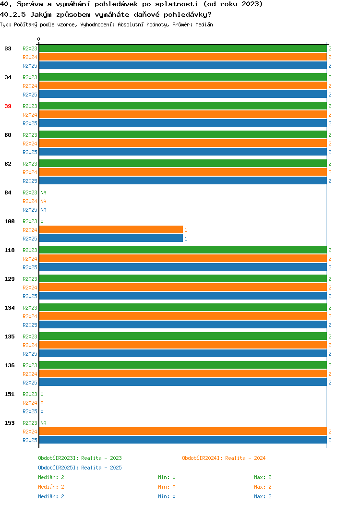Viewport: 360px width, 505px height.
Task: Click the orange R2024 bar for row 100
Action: pos(111,229)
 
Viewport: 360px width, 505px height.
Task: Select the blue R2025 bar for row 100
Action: pos(111,238)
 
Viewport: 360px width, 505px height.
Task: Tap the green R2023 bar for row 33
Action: pos(183,48)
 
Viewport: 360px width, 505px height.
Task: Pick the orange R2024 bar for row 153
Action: pos(183,431)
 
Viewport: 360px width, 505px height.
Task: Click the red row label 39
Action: pos(8,106)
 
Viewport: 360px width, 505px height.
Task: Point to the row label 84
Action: pos(8,192)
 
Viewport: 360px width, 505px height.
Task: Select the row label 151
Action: pos(10,394)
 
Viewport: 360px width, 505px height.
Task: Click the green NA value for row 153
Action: pos(44,423)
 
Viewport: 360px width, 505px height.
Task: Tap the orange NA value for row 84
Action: pos(44,201)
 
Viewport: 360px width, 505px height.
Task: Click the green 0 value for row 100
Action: pos(42,221)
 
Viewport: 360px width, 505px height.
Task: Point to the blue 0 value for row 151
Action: pos(42,411)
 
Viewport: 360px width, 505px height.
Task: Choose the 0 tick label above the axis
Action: pos(39,39)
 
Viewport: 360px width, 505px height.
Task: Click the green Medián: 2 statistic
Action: pos(51,477)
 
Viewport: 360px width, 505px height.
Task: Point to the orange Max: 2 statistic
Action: pos(263,487)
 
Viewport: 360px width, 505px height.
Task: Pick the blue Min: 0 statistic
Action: pos(167,496)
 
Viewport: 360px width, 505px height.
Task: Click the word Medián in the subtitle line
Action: pos(204,24)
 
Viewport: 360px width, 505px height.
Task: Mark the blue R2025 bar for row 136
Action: pos(183,382)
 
